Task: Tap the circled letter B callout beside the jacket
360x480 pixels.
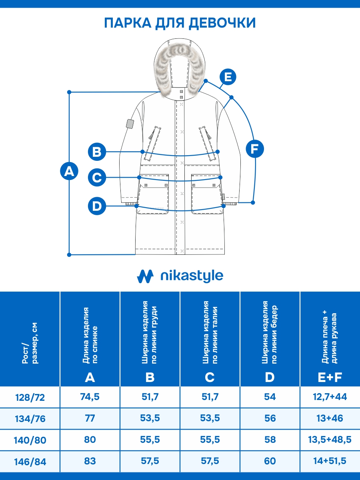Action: pyautogui.click(x=97, y=152)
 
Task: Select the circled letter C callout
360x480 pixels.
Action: pyautogui.click(x=97, y=177)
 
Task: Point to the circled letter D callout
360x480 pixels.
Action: pyautogui.click(x=97, y=206)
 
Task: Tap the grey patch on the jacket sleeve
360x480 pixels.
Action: pyautogui.click(x=129, y=124)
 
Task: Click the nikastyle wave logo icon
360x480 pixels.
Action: pyautogui.click(x=145, y=276)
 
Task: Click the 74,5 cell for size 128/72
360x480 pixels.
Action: pyautogui.click(x=90, y=397)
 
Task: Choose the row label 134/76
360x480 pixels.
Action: pyautogui.click(x=30, y=419)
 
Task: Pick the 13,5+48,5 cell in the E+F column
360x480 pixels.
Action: pyautogui.click(x=330, y=440)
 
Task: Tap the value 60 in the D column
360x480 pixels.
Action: pyautogui.click(x=270, y=461)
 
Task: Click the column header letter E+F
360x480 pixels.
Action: pyautogui.click(x=330, y=376)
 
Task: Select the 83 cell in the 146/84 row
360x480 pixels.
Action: pyautogui.click(x=90, y=461)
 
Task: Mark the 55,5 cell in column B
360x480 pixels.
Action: pyautogui.click(x=150, y=440)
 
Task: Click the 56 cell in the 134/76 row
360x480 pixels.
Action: pyautogui.click(x=270, y=418)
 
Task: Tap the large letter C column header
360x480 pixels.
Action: pyautogui.click(x=210, y=377)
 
